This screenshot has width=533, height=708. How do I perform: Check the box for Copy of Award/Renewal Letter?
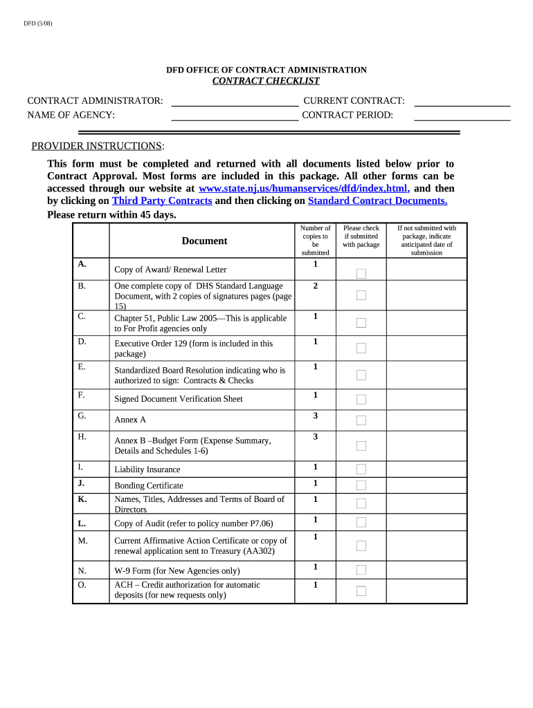(x=361, y=274)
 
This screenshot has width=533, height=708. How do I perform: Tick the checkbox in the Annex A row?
(x=361, y=420)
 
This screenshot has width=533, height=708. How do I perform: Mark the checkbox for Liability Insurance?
(x=361, y=469)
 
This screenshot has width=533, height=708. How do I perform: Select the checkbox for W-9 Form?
(x=361, y=570)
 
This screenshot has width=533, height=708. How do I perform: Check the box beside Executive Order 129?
(x=361, y=348)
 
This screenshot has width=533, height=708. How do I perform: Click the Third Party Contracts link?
(x=161, y=201)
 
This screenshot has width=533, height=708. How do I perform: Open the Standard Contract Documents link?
(x=377, y=201)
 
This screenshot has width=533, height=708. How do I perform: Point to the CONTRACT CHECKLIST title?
(x=266, y=82)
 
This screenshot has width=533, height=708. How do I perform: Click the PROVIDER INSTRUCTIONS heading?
(x=98, y=146)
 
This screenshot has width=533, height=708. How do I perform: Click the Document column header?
(x=204, y=241)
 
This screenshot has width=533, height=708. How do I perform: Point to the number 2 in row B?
(x=315, y=286)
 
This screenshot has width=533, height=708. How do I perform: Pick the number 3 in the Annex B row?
(x=315, y=437)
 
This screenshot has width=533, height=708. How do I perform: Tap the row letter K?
(x=82, y=499)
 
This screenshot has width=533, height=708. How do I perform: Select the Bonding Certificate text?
(x=149, y=486)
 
